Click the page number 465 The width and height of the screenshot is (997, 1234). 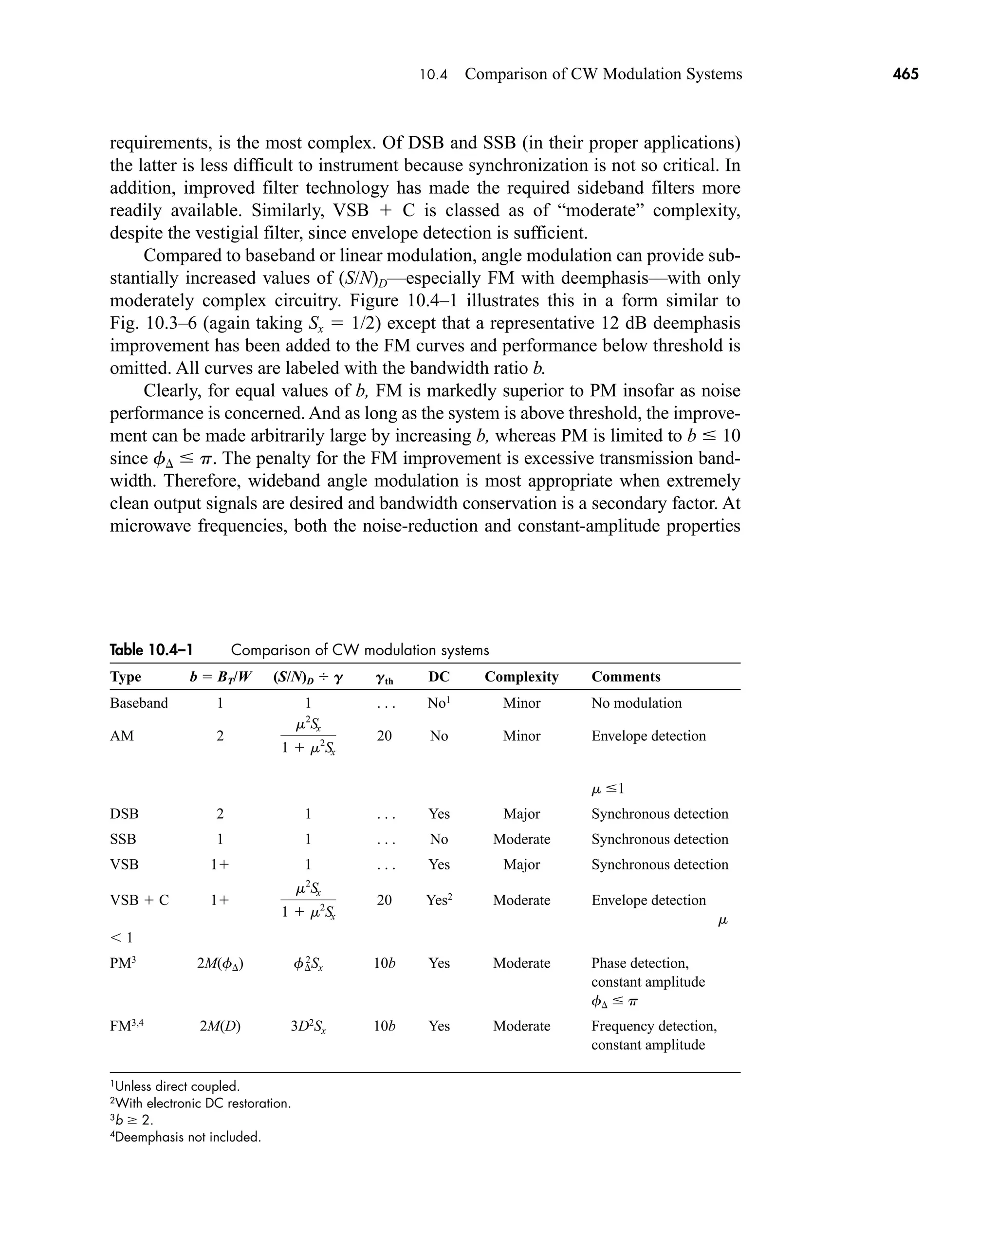click(905, 74)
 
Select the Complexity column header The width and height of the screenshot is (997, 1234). click(521, 677)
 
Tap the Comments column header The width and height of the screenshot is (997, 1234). click(626, 677)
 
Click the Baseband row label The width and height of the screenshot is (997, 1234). click(138, 703)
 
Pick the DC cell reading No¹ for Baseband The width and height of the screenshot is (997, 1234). click(438, 703)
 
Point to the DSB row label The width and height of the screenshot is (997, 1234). click(124, 814)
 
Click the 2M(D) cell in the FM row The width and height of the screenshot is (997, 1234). click(220, 1026)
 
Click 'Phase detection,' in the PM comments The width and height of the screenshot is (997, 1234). click(639, 963)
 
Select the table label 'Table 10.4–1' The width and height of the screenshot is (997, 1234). click(151, 650)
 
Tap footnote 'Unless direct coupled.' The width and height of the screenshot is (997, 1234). click(175, 1087)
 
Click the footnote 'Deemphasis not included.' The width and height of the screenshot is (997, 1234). click(185, 1137)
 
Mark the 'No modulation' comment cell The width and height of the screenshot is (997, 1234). click(636, 703)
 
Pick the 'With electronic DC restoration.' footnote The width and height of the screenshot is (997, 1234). click(201, 1103)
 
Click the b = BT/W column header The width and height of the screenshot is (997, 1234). click(220, 677)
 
